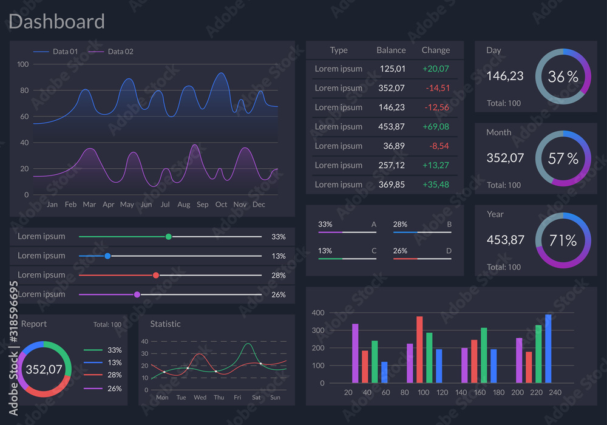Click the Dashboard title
56,22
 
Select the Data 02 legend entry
120,52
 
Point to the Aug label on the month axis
183,205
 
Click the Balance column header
391,50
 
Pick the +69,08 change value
436,126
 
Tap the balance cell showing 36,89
394,146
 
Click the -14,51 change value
438,88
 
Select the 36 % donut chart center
563,76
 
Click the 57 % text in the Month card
563,158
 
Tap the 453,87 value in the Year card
505,240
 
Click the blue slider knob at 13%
107,256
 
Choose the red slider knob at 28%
156,275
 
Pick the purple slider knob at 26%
137,294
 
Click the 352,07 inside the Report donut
44,369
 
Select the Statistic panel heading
165,324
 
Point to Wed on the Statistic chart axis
200,398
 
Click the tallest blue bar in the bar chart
548,348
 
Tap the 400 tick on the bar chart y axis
318,313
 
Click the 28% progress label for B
399,224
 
